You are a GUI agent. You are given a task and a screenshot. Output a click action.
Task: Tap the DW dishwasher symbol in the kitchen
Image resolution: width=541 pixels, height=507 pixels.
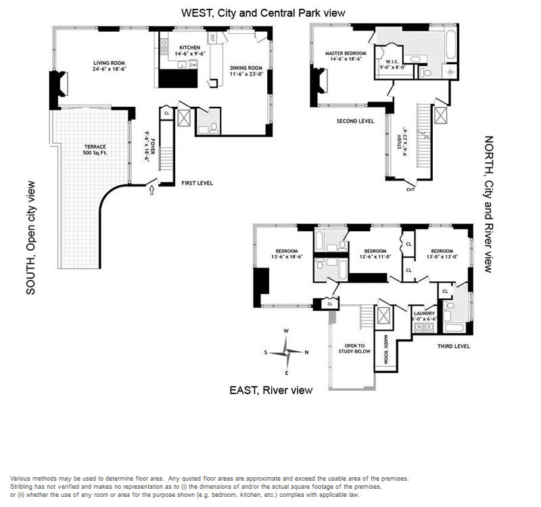192,65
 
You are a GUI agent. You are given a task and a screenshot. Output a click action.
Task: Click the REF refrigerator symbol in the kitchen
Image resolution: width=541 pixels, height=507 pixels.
212,38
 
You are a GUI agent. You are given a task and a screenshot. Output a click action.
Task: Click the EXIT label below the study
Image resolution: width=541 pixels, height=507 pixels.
410,190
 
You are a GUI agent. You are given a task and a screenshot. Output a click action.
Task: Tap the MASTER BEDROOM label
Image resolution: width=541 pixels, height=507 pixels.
345,53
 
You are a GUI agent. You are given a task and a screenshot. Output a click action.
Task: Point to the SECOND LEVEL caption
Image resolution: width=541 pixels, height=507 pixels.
355,122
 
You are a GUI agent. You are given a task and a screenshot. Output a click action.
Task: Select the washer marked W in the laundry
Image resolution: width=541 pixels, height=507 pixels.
419,327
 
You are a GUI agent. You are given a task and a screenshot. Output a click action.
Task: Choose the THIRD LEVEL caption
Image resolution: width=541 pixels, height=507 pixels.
452,346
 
